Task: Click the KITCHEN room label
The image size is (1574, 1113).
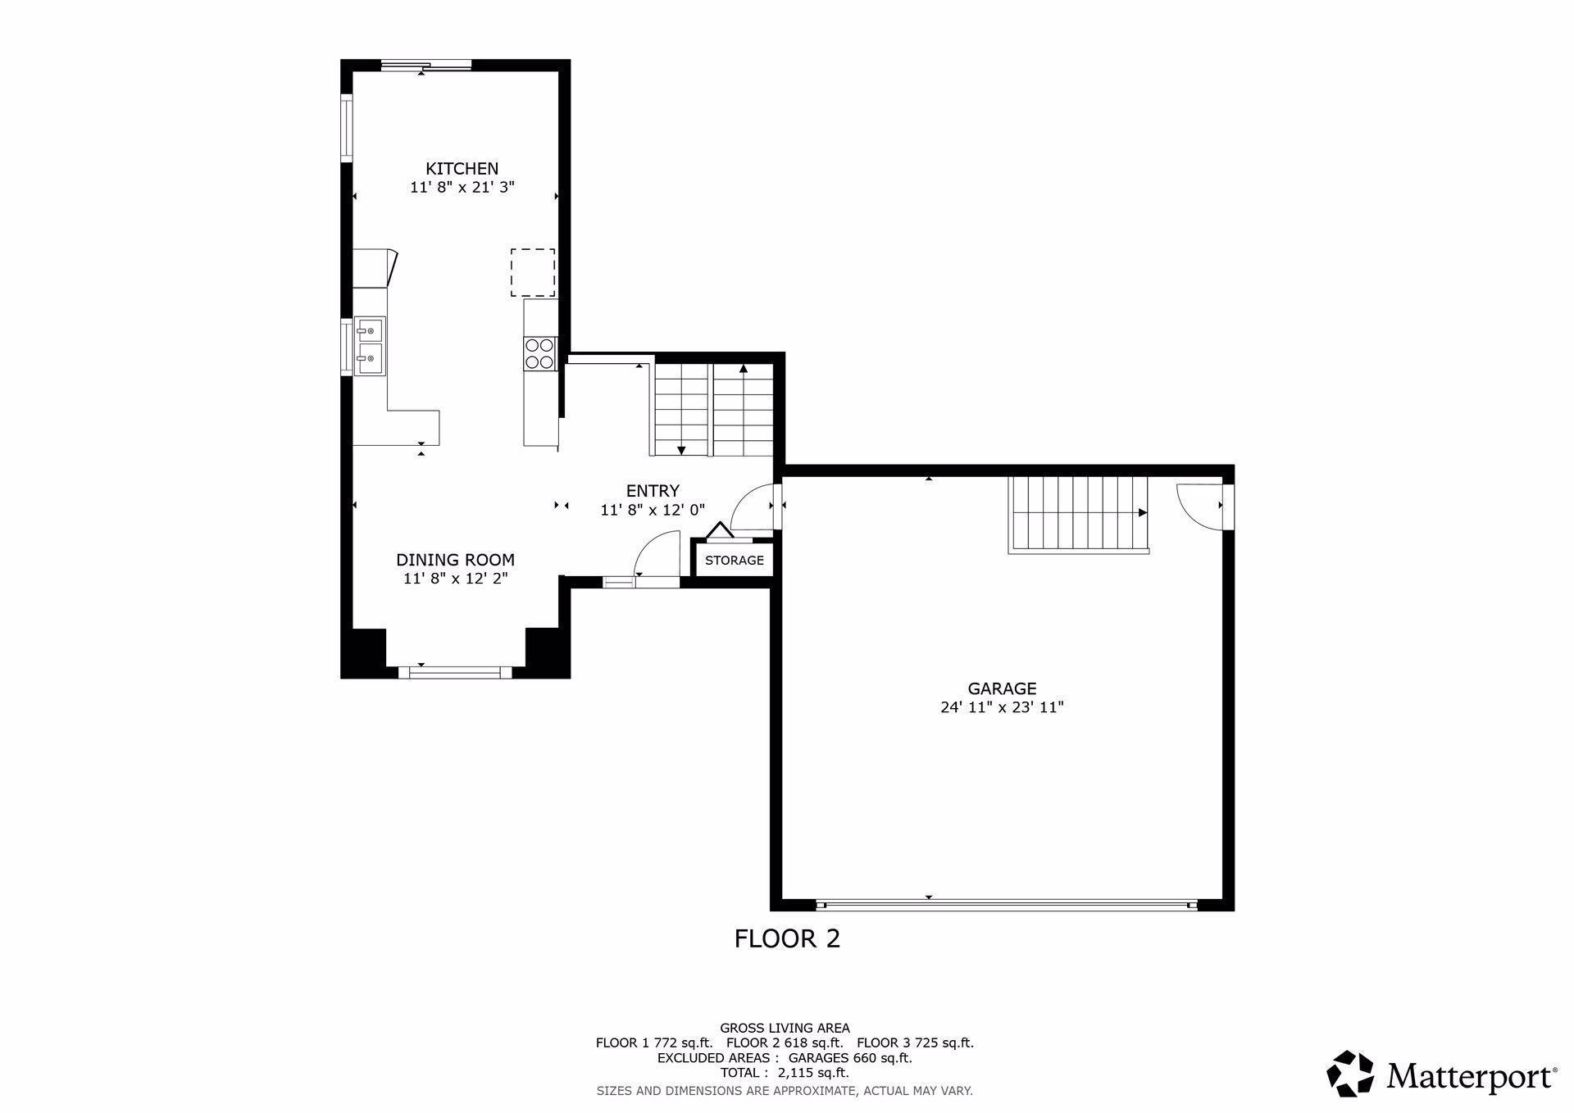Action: click(x=462, y=169)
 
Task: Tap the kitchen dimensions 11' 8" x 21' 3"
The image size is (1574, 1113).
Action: click(x=462, y=188)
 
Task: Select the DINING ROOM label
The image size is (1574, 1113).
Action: click(x=455, y=560)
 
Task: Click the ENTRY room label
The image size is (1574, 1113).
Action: click(x=653, y=491)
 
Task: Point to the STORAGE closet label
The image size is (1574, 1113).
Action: click(x=735, y=561)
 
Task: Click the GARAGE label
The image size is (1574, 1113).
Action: click(x=1002, y=688)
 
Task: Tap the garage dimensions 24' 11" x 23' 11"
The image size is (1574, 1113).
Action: click(x=1002, y=707)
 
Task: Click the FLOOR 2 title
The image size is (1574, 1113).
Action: click(x=787, y=938)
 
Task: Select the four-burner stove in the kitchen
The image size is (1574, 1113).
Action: click(x=539, y=353)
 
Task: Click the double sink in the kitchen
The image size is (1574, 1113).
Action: click(x=370, y=345)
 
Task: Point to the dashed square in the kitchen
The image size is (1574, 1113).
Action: click(x=533, y=273)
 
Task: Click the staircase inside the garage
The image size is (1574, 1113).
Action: click(x=1078, y=514)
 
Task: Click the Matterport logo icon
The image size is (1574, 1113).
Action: click(x=1350, y=1073)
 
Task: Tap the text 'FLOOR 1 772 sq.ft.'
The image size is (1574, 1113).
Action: click(x=654, y=1043)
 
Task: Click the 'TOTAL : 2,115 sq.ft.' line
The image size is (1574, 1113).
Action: click(x=785, y=1073)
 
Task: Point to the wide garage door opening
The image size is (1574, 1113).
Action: click(x=1008, y=905)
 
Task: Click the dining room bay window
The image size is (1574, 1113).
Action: click(x=455, y=672)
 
